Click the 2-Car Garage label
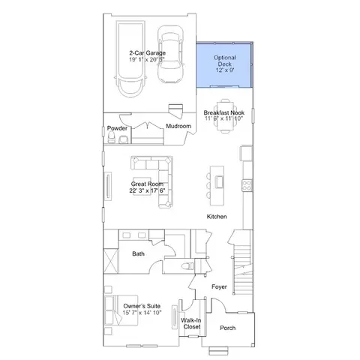click(148, 53)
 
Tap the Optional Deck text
click(225, 61)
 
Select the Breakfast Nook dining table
click(225, 116)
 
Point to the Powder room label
click(117, 128)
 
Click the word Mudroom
click(178, 126)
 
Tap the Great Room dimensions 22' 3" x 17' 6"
click(147, 190)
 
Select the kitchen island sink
click(220, 181)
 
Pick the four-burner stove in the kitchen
click(247, 185)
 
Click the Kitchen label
click(217, 217)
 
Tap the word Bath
click(138, 253)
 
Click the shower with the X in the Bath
click(111, 261)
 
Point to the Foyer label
click(219, 286)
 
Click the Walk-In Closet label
click(191, 323)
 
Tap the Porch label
click(228, 328)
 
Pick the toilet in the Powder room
click(111, 137)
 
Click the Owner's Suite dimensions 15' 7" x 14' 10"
click(142, 313)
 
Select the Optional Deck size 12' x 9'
click(225, 70)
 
